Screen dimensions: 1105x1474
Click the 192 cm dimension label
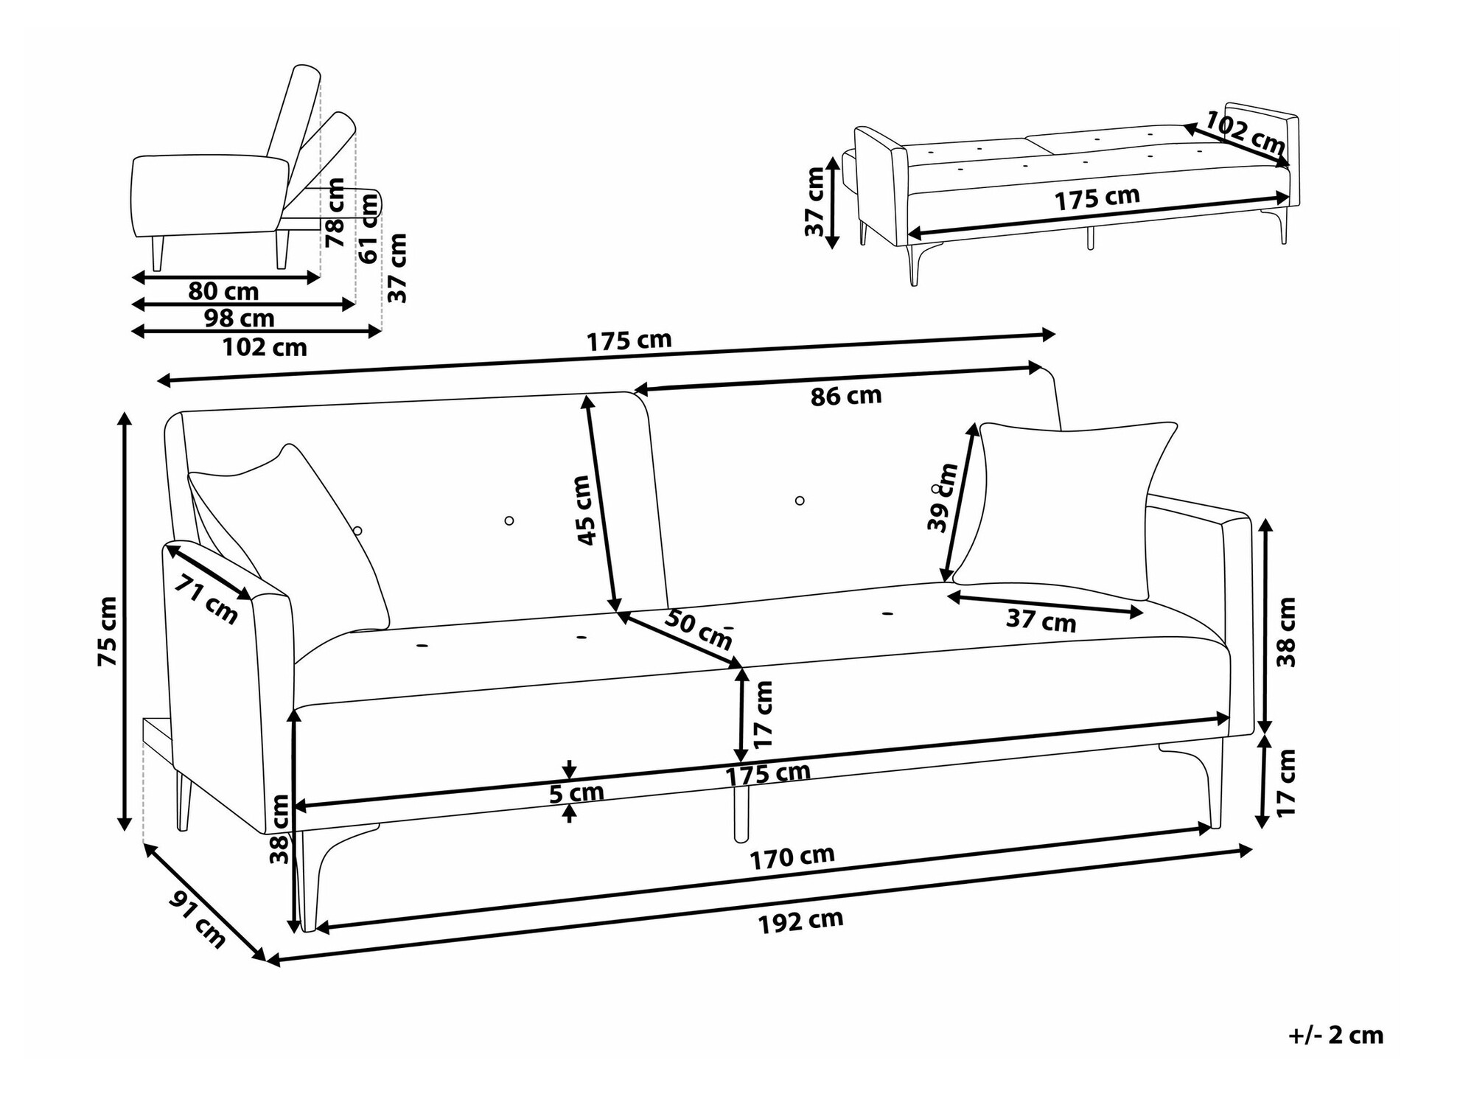click(x=800, y=921)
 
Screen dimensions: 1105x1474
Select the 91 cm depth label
click(x=198, y=918)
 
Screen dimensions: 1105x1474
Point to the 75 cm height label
click(x=108, y=632)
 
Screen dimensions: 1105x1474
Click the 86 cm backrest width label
click(x=845, y=396)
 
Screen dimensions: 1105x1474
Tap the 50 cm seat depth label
click(x=698, y=629)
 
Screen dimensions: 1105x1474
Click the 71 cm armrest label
click(x=206, y=599)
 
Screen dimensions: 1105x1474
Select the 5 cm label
click(x=576, y=793)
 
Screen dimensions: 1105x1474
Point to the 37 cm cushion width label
click(x=1041, y=620)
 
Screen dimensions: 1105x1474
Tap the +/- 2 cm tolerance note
click(x=1335, y=1035)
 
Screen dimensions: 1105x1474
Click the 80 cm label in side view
click(x=223, y=292)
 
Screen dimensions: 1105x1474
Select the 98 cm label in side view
click(x=239, y=318)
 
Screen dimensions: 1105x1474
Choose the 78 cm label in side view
click(x=335, y=212)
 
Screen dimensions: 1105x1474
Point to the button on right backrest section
click(x=800, y=501)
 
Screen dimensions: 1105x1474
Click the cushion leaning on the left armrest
click(x=295, y=531)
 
